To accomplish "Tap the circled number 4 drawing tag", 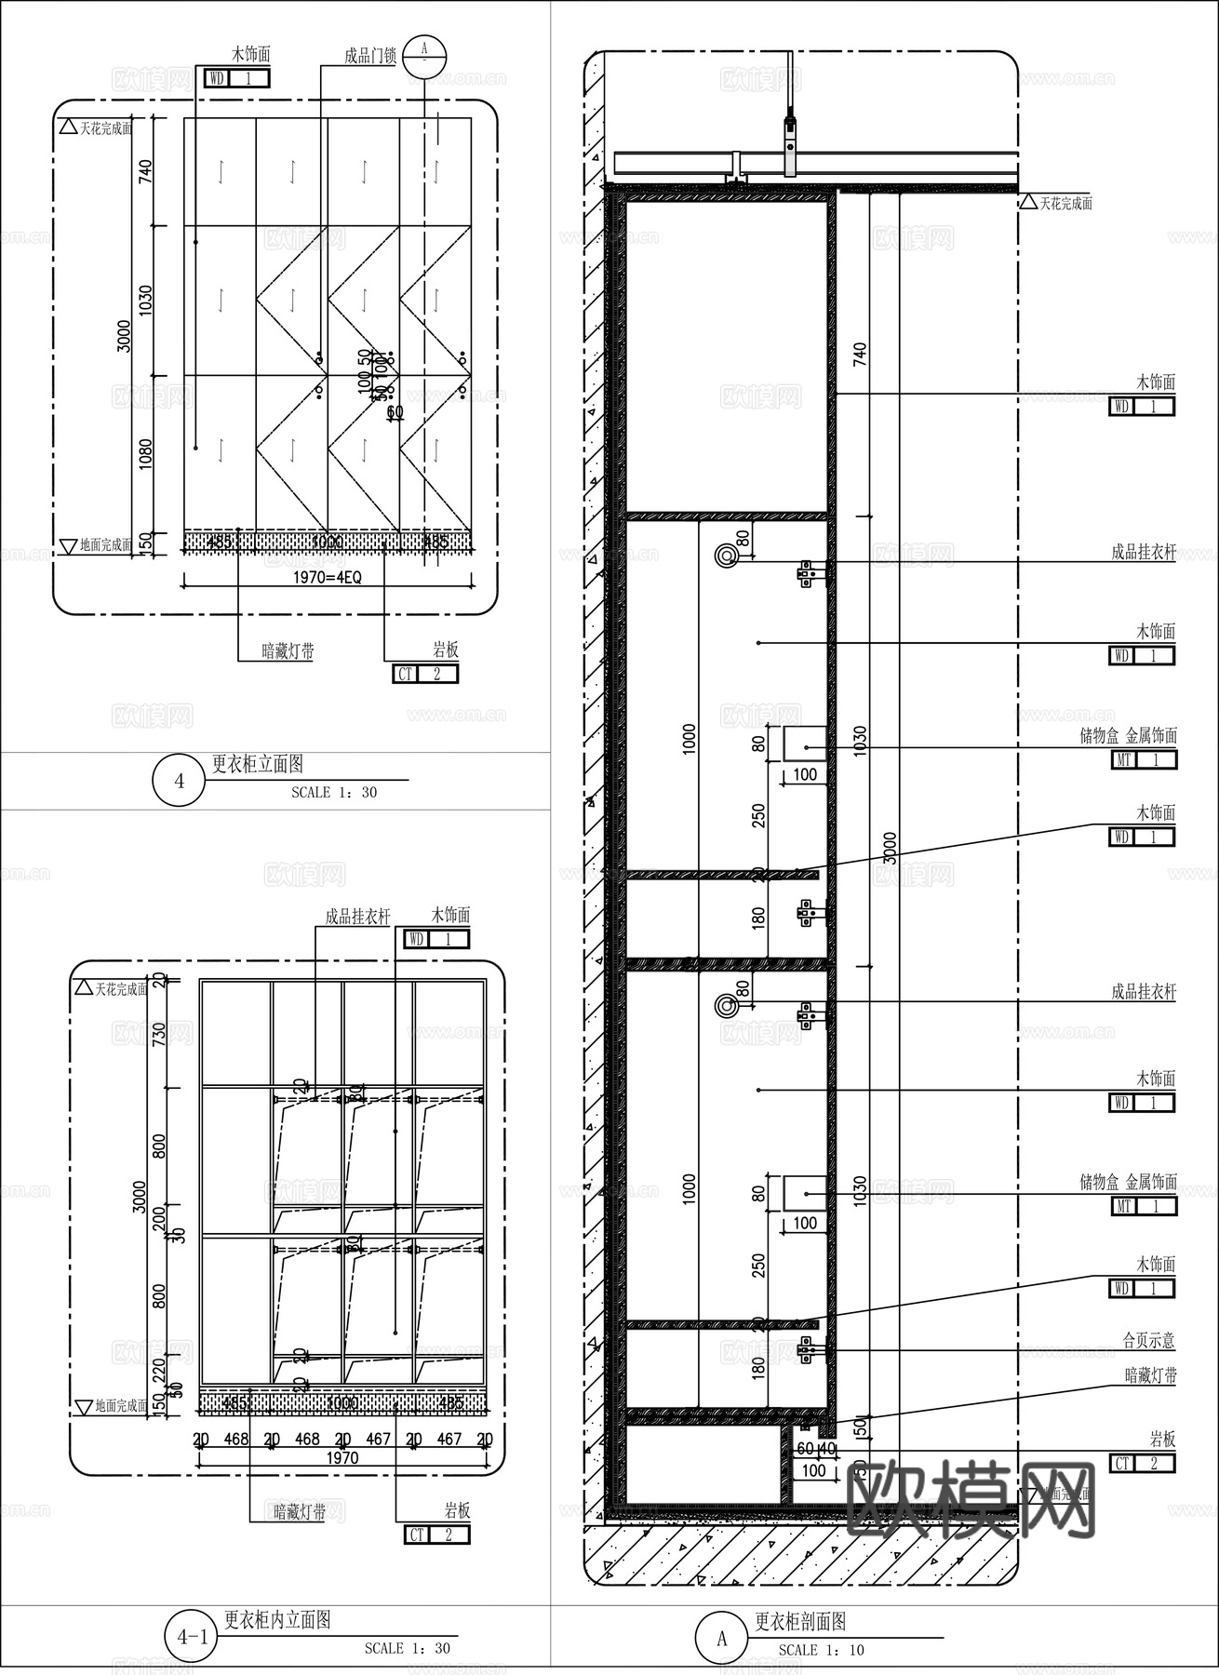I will pyautogui.click(x=180, y=780).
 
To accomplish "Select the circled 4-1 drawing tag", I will pyautogui.click(x=192, y=1636).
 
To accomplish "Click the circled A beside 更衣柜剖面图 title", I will pyautogui.click(x=721, y=1638).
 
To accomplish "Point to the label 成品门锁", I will pyautogui.click(x=369, y=57).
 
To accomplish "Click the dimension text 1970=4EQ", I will pyautogui.click(x=328, y=578).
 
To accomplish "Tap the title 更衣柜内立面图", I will pyautogui.click(x=277, y=1620).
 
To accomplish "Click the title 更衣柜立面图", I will pyautogui.click(x=258, y=764).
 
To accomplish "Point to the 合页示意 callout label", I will pyautogui.click(x=1148, y=1341).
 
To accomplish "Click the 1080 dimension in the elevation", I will pyautogui.click(x=145, y=454).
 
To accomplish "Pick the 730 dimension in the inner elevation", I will pyautogui.click(x=158, y=1034).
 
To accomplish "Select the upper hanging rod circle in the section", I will pyautogui.click(x=726, y=556).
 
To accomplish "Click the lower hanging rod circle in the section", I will pyautogui.click(x=726, y=1005).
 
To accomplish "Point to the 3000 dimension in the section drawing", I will pyautogui.click(x=891, y=848).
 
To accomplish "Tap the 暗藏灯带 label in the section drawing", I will pyautogui.click(x=1150, y=1375).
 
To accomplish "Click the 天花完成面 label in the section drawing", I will pyautogui.click(x=1065, y=203).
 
